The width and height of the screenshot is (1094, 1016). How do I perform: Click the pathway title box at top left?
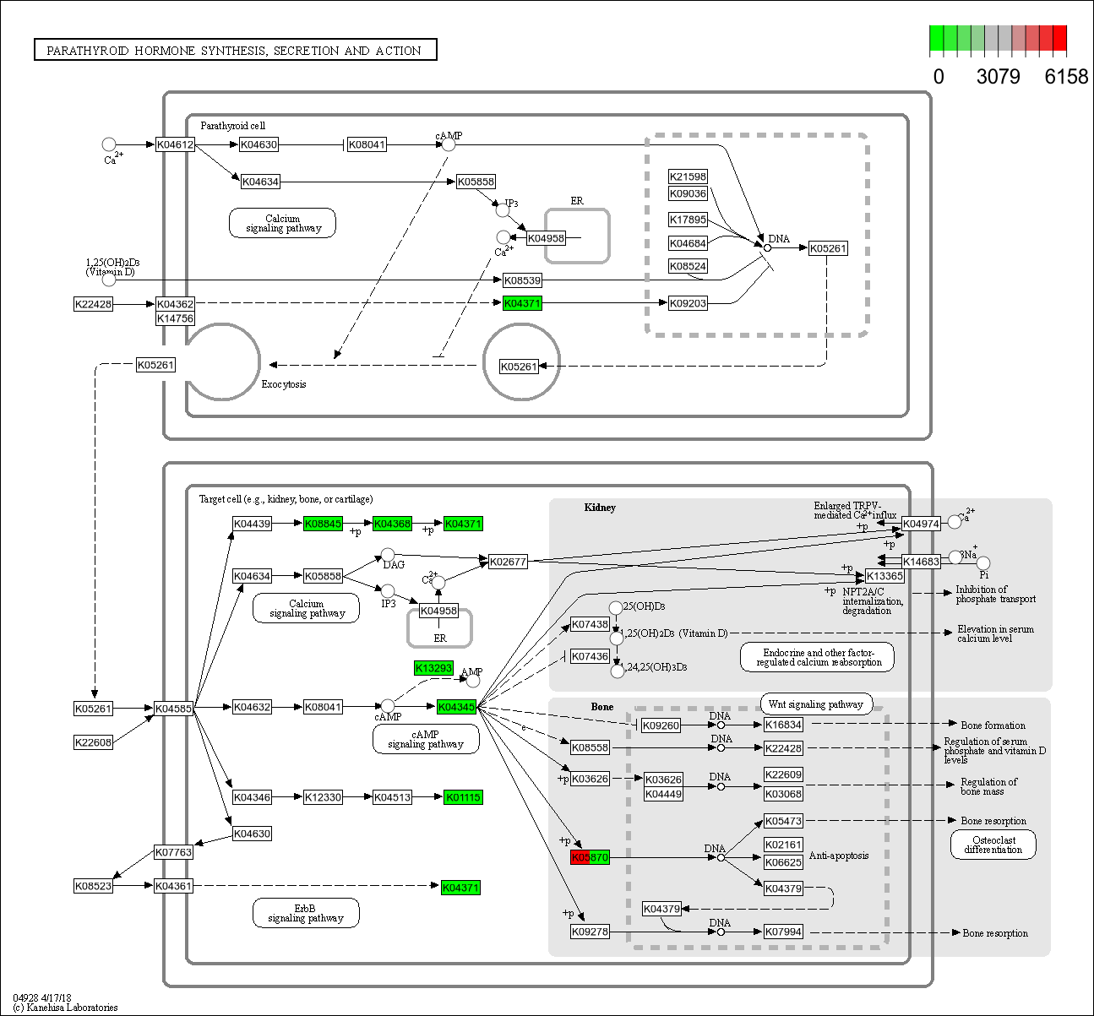(235, 51)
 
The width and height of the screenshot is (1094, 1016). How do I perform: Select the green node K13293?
(433, 668)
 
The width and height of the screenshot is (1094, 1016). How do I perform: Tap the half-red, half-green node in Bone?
(590, 857)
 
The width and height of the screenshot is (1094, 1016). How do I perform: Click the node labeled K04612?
(175, 144)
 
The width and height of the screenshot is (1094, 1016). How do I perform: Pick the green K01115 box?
(463, 797)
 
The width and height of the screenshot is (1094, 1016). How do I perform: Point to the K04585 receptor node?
(173, 709)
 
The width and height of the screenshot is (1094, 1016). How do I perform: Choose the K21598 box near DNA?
(688, 177)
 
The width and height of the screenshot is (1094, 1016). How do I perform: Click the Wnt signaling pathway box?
(815, 704)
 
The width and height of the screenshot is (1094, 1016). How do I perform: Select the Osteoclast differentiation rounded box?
(993, 845)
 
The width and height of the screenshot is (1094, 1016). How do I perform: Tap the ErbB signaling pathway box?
(306, 913)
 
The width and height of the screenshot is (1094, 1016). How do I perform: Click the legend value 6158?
(1066, 77)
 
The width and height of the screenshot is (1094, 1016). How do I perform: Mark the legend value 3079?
(998, 77)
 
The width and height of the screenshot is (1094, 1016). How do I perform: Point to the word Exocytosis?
(284, 384)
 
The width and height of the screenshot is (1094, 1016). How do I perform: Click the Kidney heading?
(600, 508)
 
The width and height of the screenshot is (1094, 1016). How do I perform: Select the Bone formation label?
(993, 725)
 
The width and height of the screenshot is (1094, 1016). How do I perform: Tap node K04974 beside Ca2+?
(921, 524)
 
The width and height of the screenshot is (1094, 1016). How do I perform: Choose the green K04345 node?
(456, 707)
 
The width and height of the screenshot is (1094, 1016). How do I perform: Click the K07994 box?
(783, 932)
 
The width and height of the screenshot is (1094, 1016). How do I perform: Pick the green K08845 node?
(323, 524)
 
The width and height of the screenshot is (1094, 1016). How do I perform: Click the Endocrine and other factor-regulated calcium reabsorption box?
(817, 658)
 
